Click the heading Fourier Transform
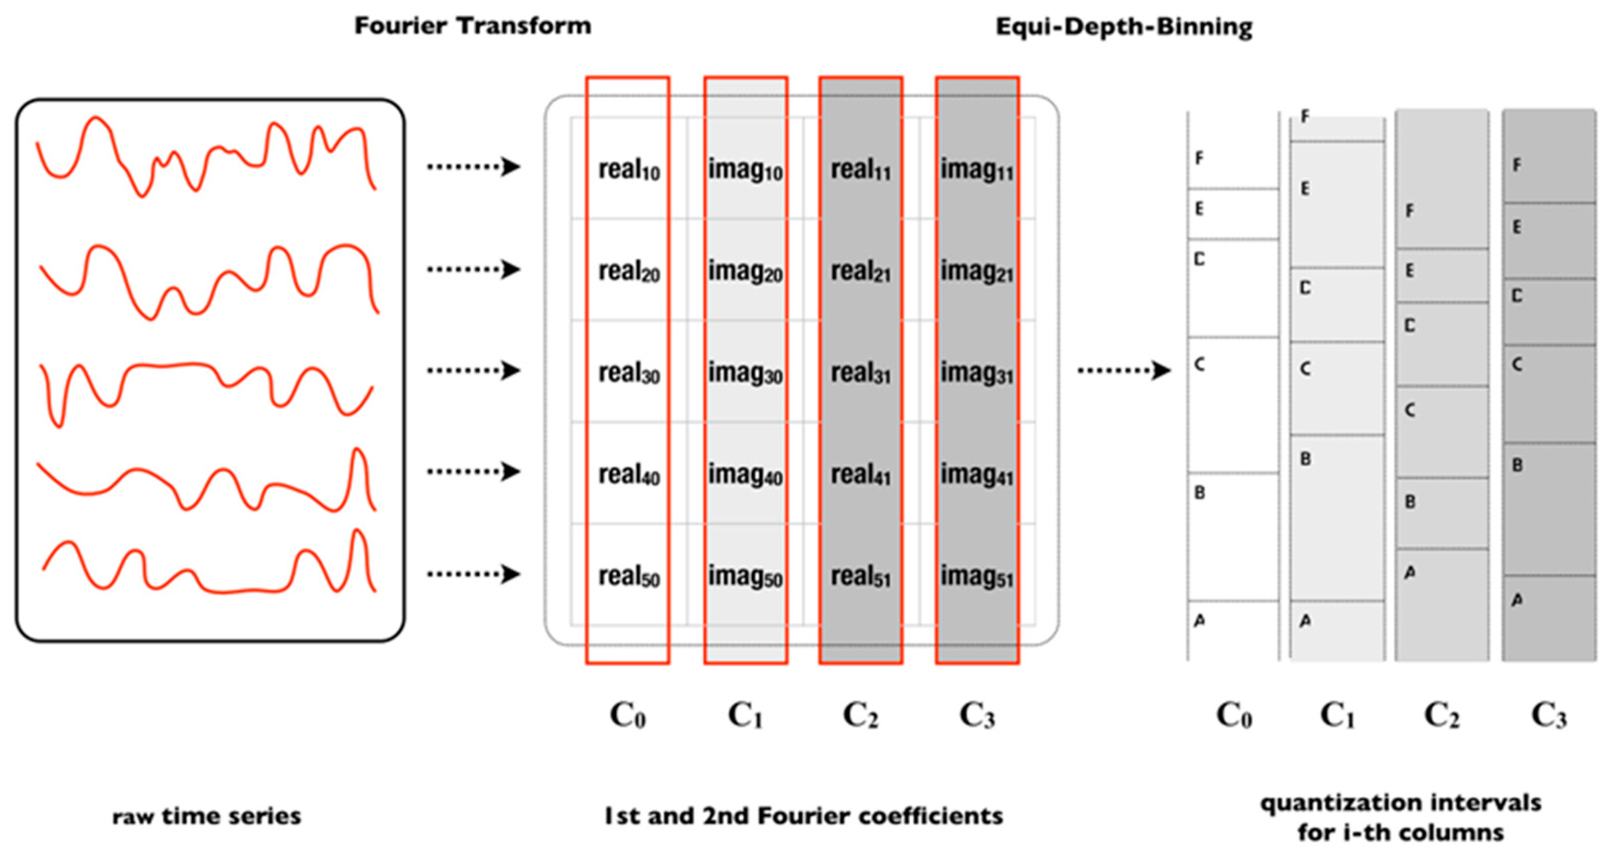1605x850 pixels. click(x=472, y=26)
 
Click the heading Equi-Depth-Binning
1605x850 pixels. click(x=1124, y=27)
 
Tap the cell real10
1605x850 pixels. click(x=629, y=169)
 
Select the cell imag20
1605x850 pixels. click(x=745, y=271)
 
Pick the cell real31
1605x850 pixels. click(x=861, y=373)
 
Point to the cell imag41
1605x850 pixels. click(x=976, y=474)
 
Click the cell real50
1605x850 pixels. click(x=629, y=576)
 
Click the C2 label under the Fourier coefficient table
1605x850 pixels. click(x=861, y=715)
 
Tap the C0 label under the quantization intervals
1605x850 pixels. click(x=1234, y=715)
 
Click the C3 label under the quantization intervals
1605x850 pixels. click(x=1549, y=715)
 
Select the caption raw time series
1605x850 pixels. click(x=207, y=816)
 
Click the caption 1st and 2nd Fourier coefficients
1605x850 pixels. click(x=804, y=816)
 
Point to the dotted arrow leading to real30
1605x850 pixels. click(x=473, y=370)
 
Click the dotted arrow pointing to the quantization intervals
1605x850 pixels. click(x=1124, y=371)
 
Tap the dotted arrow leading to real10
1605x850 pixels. click(x=473, y=166)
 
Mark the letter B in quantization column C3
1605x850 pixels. click(x=1517, y=465)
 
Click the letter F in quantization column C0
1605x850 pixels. click(x=1199, y=158)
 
